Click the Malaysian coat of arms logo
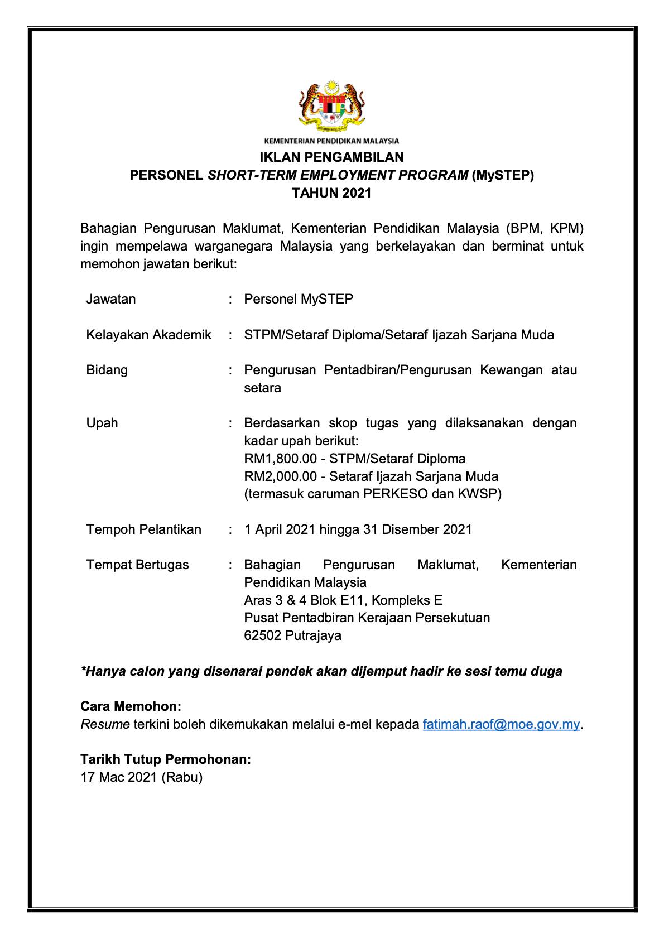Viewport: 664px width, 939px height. point(331,106)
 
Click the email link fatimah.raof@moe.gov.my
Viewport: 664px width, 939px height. point(502,724)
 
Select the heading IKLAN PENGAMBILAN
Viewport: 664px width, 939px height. point(331,157)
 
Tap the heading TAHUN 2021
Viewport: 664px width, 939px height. point(331,194)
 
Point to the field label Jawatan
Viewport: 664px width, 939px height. point(111,299)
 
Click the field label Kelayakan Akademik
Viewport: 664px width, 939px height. point(148,335)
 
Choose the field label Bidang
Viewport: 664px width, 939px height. point(107,370)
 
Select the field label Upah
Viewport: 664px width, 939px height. point(102,423)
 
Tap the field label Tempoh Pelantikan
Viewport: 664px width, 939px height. point(143,529)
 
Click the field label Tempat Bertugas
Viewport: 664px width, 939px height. point(137,565)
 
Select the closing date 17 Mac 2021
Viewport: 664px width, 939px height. point(119,777)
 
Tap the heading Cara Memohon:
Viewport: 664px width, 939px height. point(131,706)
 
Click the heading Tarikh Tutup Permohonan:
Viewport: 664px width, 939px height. point(165,759)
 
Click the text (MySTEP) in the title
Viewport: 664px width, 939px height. point(502,175)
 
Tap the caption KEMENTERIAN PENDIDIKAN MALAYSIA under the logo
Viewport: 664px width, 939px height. point(331,141)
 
